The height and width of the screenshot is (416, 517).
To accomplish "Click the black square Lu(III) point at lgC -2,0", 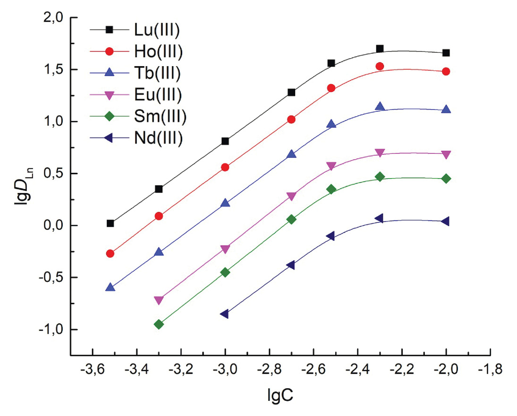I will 446,53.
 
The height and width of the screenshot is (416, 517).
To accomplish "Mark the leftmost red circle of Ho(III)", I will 110,254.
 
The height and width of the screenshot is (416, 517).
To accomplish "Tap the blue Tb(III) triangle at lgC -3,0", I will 225,203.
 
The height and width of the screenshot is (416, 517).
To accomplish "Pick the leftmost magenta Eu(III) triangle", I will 159,300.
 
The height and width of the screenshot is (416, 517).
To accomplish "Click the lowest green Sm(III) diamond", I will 159,324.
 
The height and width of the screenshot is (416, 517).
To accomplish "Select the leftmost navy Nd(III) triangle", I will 225,314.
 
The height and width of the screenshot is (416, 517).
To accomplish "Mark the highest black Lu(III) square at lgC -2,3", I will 380,49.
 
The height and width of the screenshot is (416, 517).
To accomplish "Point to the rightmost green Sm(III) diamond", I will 446,178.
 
